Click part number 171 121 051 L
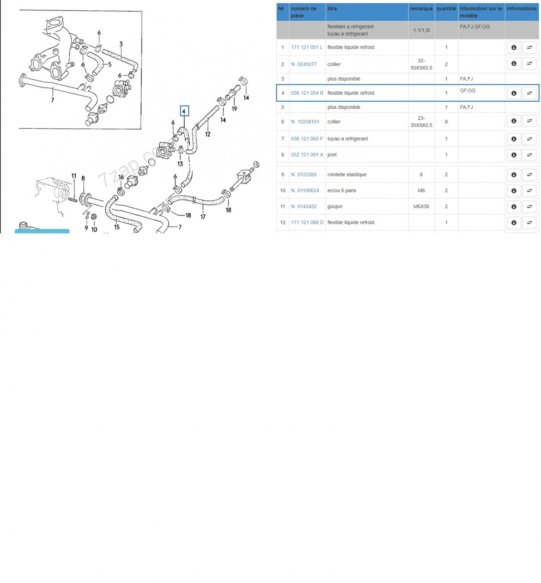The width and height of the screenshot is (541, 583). (307, 47)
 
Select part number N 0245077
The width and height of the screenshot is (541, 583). (303, 64)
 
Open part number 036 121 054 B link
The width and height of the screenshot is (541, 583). (307, 93)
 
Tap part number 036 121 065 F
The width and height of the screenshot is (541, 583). (307, 138)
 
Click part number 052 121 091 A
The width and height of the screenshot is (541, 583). (307, 155)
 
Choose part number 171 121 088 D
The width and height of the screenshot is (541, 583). (307, 222)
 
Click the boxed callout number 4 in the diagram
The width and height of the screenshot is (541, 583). (184, 111)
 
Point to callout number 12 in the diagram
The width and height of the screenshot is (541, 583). (207, 134)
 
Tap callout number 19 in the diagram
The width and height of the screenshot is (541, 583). (234, 109)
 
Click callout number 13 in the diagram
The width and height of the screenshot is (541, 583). (180, 164)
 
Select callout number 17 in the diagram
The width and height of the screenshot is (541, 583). (203, 217)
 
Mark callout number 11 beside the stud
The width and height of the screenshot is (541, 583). (74, 176)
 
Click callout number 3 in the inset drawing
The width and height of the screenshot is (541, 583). (121, 44)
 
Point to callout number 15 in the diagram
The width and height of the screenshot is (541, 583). (117, 227)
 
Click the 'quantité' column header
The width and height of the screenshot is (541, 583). (446, 9)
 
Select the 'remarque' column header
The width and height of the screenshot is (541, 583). (421, 9)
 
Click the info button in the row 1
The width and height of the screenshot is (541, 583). (513, 47)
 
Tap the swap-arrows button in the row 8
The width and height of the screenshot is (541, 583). (529, 155)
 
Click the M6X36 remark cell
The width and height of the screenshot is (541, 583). (421, 206)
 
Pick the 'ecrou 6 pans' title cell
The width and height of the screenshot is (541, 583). (342, 190)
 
